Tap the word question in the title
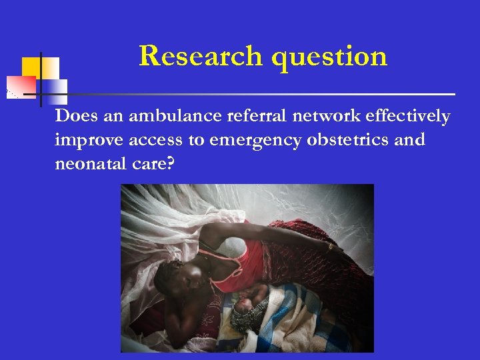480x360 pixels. click(329, 57)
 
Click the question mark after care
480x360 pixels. click(170, 163)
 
